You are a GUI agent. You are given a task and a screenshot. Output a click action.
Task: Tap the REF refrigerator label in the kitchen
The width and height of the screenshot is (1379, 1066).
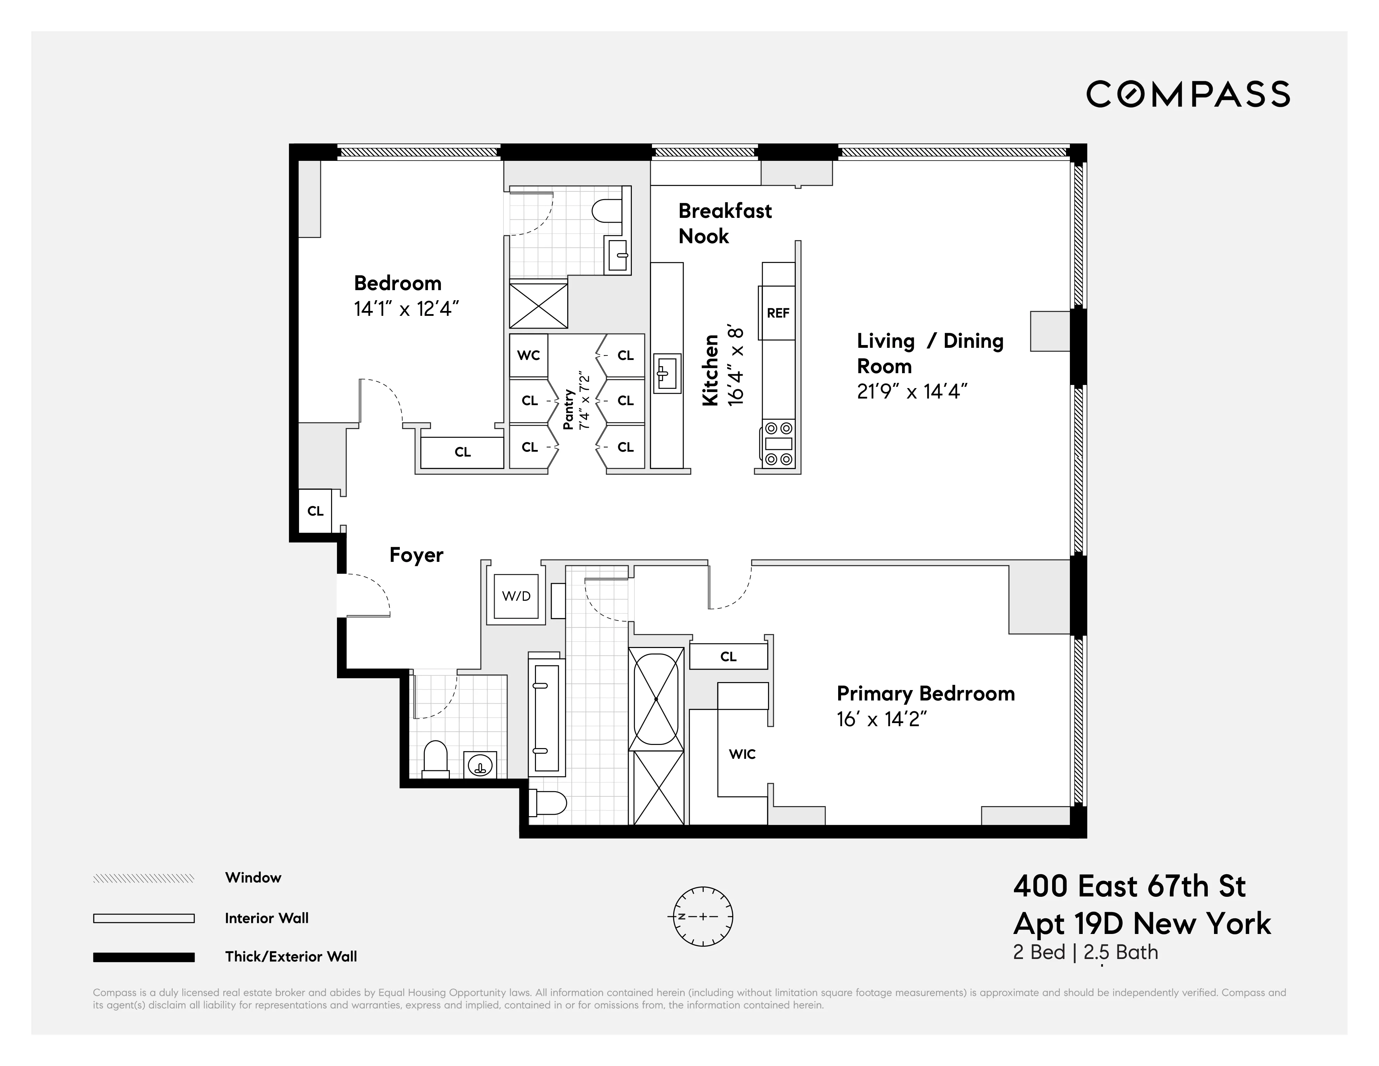(x=778, y=313)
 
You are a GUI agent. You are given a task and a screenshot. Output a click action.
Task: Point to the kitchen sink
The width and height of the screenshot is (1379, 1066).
(x=666, y=372)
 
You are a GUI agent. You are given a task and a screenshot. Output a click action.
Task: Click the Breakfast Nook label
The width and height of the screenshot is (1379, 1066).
(x=724, y=223)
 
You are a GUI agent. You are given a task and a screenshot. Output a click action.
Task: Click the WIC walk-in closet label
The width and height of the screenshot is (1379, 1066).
(x=742, y=754)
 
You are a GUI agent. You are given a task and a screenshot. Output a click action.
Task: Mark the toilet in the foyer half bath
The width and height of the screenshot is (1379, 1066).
(x=435, y=759)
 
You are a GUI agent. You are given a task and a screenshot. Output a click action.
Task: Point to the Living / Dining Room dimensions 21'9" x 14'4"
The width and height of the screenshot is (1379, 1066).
(x=912, y=392)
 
